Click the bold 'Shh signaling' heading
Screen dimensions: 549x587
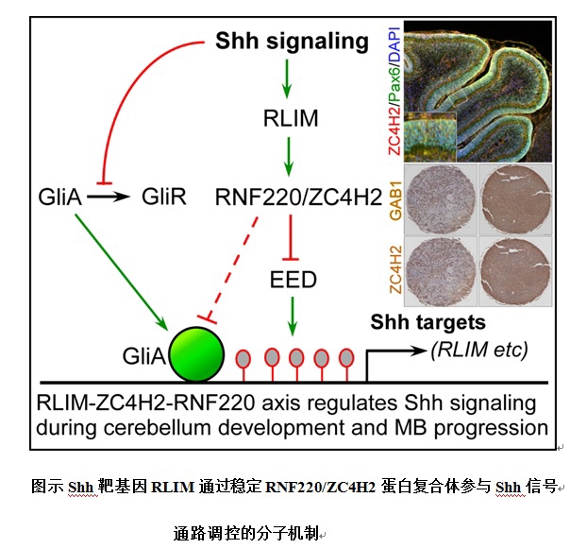coord(292,42)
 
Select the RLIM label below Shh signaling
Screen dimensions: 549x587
coord(292,120)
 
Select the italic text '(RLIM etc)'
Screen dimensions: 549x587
coord(478,351)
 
